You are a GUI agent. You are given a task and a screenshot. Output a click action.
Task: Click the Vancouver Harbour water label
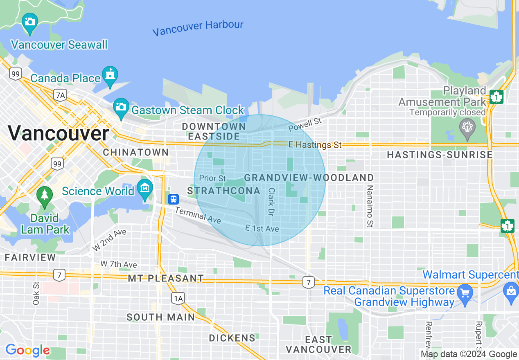coord(198,28)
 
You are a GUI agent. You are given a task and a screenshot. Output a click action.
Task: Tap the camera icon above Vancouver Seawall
coord(30,22)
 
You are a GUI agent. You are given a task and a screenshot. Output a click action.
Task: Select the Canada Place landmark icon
coord(110,76)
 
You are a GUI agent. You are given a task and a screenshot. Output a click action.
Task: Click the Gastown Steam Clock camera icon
coord(121,107)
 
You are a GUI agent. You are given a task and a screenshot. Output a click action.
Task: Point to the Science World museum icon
coord(144,189)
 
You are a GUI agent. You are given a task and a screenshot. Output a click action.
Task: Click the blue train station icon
coord(174,199)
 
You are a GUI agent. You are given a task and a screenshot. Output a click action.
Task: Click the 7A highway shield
coord(60,96)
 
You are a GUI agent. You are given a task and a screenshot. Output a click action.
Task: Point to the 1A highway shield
coord(178,298)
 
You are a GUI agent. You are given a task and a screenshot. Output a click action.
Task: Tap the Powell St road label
coord(305,125)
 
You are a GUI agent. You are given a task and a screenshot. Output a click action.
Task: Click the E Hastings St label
coord(315,144)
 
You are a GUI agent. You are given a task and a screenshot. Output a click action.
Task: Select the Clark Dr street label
coord(271,201)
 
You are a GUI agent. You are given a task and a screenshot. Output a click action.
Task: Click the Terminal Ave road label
coord(198,215)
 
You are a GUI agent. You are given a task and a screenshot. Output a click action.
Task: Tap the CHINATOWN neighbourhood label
coord(136,153)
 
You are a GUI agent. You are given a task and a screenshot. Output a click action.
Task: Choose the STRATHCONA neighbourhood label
coord(224,191)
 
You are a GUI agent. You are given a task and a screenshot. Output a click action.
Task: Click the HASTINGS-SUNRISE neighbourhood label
coord(440,155)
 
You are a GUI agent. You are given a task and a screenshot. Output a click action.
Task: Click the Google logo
coord(27,351)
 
